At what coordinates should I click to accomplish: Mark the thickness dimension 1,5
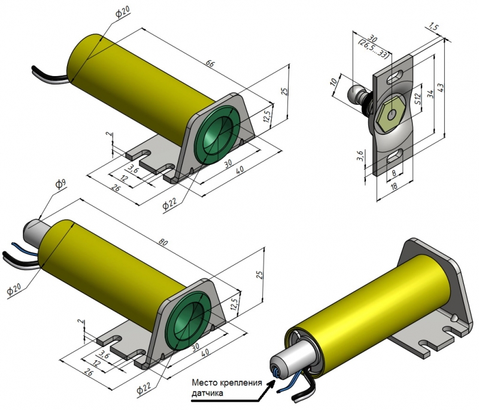coord(434,28)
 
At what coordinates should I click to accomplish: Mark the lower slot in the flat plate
coord(395,156)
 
